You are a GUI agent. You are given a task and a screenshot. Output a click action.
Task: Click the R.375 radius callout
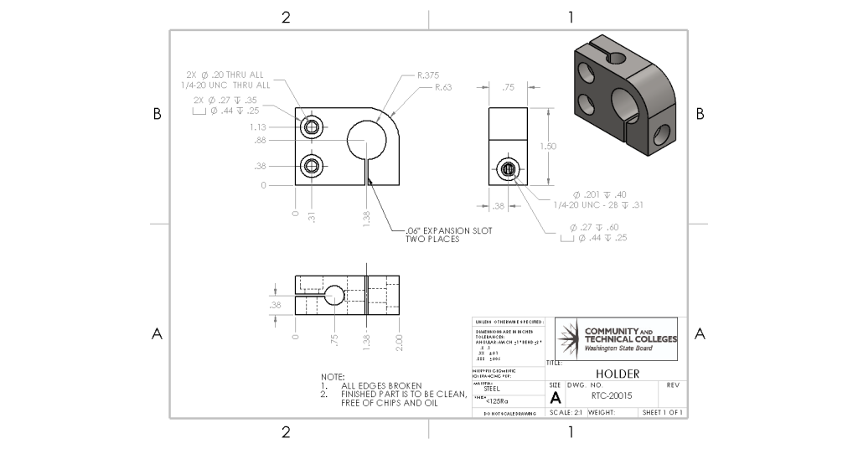click(427, 75)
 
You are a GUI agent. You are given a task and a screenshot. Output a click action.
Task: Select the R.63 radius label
click(443, 87)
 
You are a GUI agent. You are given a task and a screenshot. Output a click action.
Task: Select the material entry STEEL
click(493, 388)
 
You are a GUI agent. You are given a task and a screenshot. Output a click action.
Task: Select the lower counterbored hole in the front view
click(313, 165)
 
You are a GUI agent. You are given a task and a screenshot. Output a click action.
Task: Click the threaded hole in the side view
click(509, 169)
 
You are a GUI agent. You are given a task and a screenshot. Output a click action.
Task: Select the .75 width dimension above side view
click(508, 87)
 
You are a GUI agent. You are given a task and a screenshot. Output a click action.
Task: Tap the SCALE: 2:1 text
click(565, 413)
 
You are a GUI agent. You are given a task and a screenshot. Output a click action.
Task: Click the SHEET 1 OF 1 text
click(662, 413)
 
